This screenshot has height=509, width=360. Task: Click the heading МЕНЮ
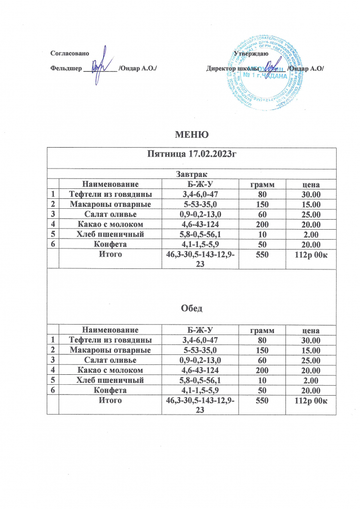[191, 135]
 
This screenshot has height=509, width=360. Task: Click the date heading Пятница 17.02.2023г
[191, 155]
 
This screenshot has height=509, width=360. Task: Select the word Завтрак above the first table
[191, 174]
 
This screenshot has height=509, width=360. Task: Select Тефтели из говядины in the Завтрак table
[109, 194]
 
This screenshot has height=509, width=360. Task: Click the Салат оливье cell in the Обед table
[109, 360]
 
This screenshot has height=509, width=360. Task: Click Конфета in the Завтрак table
[109, 244]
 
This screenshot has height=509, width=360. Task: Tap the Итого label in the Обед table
[109, 401]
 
